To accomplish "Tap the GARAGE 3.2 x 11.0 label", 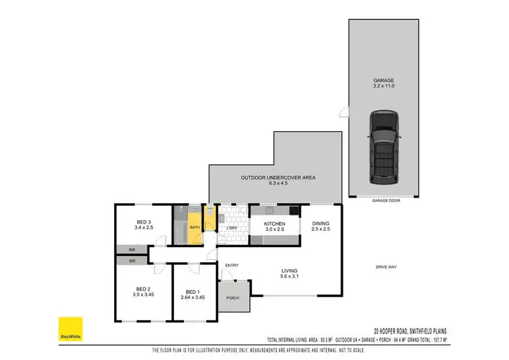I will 383,84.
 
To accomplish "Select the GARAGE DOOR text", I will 383,201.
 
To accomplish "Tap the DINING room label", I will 320,226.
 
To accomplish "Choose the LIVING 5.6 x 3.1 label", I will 290,274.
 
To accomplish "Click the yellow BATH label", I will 193,228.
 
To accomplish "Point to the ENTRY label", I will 232,265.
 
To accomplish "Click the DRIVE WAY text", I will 385,267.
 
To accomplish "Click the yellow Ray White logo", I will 69,329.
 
